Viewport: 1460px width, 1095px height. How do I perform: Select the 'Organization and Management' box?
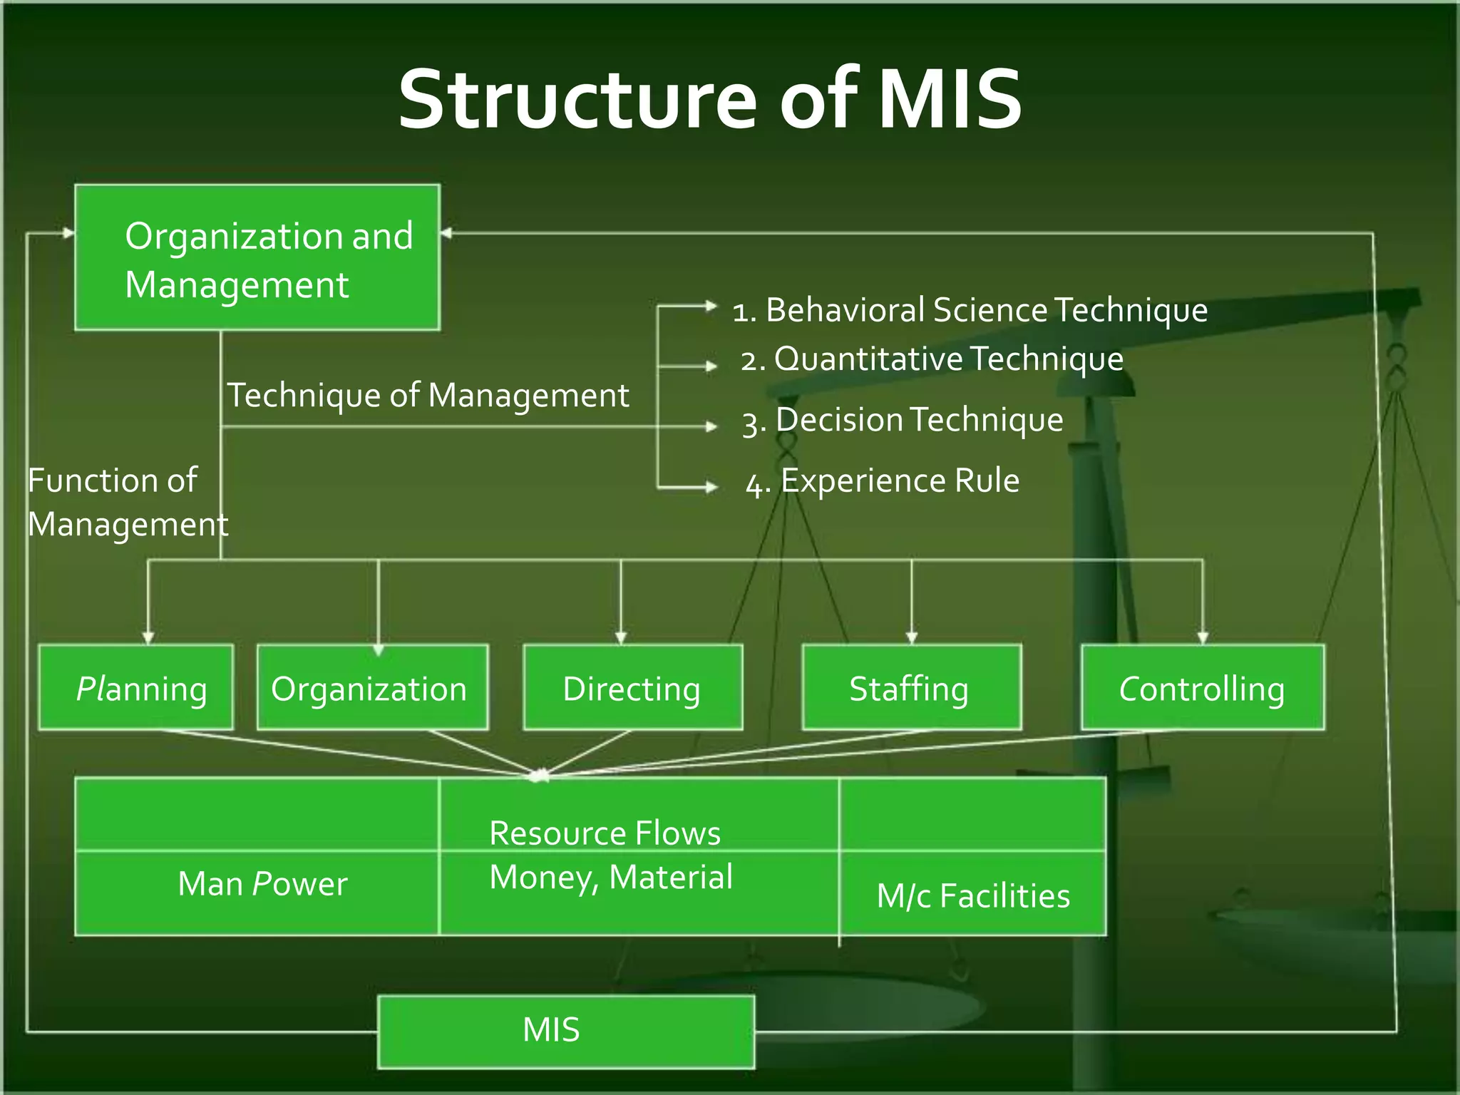(x=257, y=258)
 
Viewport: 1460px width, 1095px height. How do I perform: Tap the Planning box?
(x=136, y=688)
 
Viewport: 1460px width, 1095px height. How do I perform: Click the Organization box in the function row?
(x=372, y=688)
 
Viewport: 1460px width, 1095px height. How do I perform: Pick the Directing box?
(x=632, y=688)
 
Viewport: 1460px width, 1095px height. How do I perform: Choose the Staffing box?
(x=911, y=688)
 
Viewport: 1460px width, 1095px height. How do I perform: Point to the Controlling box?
(x=1202, y=688)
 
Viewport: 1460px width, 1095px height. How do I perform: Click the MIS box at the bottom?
(x=565, y=1031)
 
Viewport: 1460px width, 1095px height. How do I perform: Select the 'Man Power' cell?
(x=262, y=884)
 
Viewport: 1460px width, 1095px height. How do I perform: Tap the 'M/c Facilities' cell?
(x=973, y=895)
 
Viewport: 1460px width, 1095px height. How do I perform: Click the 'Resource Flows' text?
(x=605, y=833)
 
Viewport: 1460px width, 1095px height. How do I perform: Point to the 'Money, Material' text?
(x=611, y=877)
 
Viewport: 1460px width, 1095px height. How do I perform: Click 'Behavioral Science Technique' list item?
(x=970, y=310)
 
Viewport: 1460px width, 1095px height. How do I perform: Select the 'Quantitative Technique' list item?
(x=932, y=359)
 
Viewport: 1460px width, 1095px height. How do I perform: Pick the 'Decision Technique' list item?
(x=903, y=420)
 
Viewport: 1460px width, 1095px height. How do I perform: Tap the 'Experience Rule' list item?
(x=883, y=481)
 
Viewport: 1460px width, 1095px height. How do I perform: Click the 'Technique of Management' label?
(x=428, y=395)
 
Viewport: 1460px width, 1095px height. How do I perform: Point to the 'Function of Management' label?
(x=127, y=502)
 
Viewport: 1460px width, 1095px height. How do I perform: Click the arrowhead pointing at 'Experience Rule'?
(x=711, y=487)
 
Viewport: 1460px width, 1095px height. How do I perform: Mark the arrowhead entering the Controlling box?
(x=1203, y=638)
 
